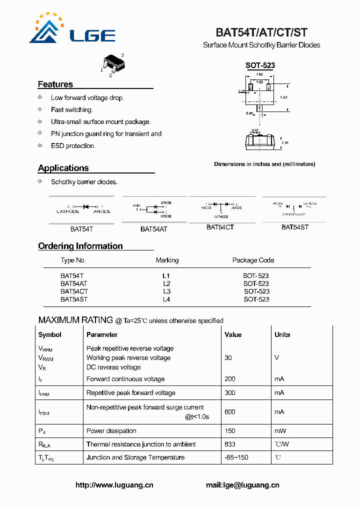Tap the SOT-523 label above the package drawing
point(260,65)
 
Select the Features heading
point(55,84)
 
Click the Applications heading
point(63,168)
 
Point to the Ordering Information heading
point(80,246)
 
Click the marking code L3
point(166,291)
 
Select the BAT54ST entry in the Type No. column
point(74,299)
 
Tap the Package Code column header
point(253,260)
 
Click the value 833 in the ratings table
point(230,444)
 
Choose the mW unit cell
point(280,431)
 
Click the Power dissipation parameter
point(111,431)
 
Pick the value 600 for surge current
point(230,412)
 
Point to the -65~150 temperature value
point(236,457)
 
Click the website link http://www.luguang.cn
point(114,485)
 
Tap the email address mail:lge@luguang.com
point(242,485)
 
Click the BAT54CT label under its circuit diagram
point(220,227)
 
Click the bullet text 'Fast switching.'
point(72,110)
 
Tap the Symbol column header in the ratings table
point(50,335)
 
